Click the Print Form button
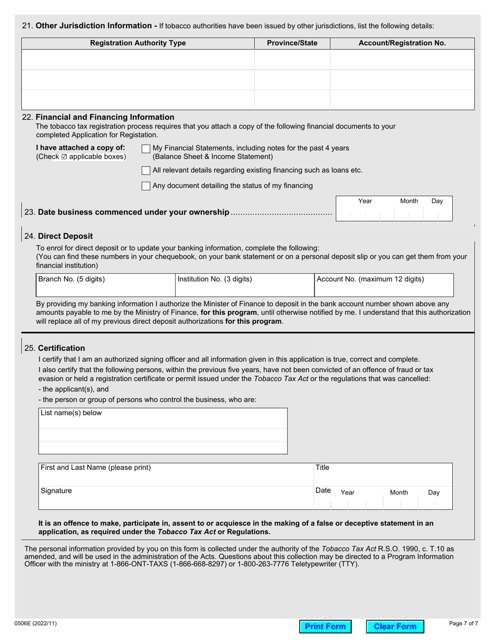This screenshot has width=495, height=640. [x=325, y=626]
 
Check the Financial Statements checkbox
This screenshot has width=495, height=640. [x=146, y=149]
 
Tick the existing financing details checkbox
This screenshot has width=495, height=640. [x=146, y=171]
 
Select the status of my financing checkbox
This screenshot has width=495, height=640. [x=146, y=186]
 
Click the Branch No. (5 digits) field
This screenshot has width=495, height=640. [x=105, y=285]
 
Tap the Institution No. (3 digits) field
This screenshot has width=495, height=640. [x=244, y=285]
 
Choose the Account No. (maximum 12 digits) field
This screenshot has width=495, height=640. [x=383, y=285]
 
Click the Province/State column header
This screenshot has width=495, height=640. [x=292, y=43]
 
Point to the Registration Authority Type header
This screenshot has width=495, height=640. [x=138, y=43]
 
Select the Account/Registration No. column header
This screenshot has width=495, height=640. [x=402, y=43]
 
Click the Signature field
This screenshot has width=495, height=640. [x=175, y=498]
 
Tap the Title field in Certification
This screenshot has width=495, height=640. [x=383, y=474]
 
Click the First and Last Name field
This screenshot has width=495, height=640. [x=175, y=474]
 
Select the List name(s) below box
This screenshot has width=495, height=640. [x=163, y=431]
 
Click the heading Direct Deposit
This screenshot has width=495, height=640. [x=65, y=236]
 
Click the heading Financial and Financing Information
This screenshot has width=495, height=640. [x=104, y=117]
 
